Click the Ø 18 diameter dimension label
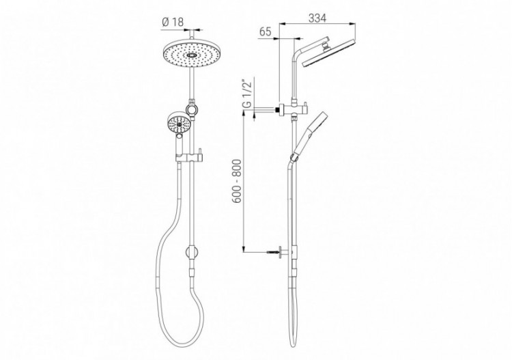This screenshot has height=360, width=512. coord(173,21)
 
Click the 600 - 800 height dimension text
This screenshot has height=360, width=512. coord(235,180)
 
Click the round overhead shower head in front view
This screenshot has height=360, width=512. coord(192,56)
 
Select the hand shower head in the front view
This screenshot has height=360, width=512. coord(177,125)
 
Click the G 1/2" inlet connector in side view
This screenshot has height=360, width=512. coord(279,108)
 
